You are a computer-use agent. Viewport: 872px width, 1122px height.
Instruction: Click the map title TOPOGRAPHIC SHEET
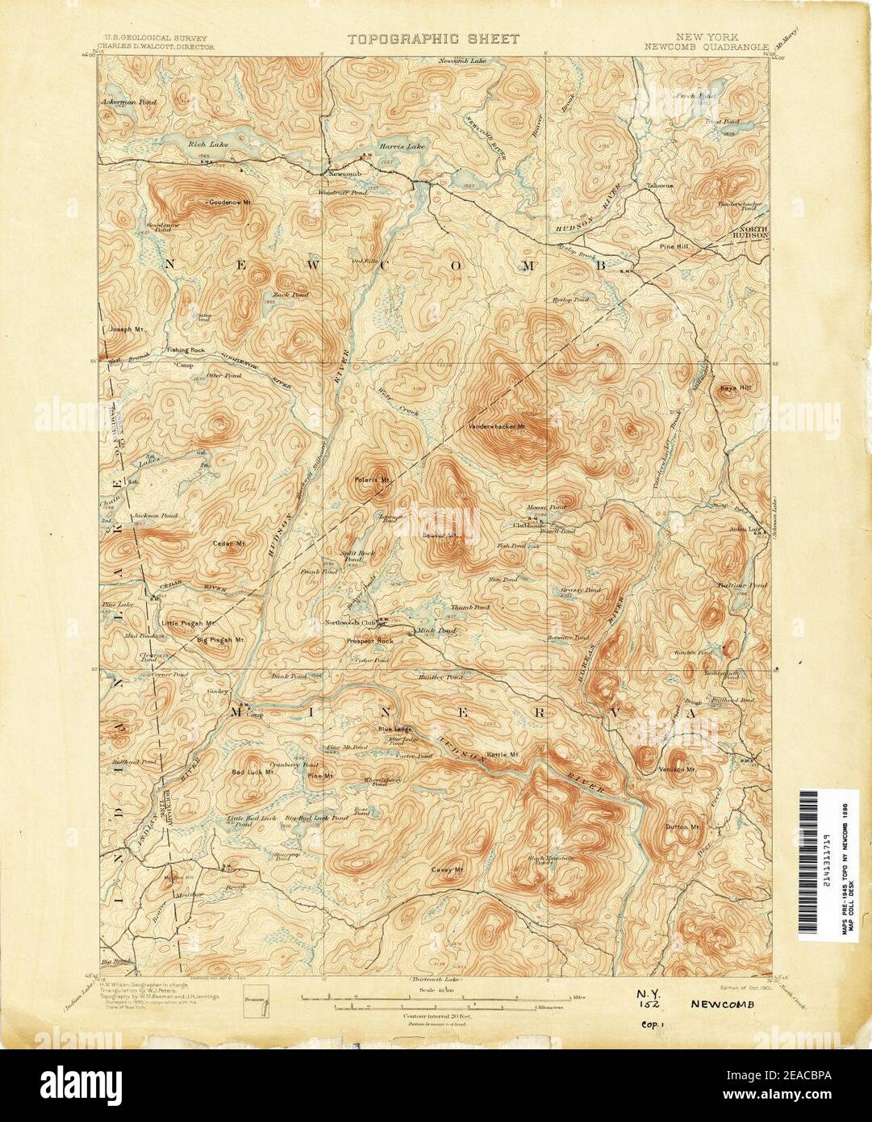(434, 39)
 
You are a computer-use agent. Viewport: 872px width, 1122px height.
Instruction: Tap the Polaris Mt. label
(372, 480)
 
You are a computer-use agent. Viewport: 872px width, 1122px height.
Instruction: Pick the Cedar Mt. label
(229, 543)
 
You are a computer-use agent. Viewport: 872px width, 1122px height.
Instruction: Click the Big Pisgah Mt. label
(220, 639)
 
